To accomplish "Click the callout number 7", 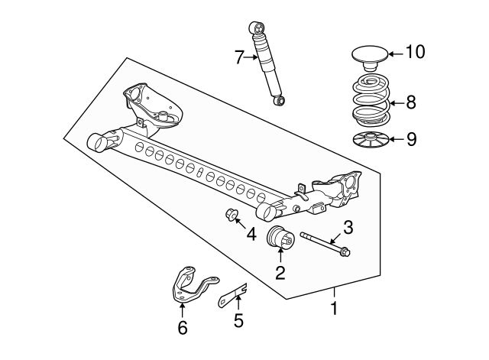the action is click(239, 57).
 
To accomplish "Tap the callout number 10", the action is click(416, 52).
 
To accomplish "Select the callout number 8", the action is click(411, 102).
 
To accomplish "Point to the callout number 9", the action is click(412, 139).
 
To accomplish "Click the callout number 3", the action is click(348, 228).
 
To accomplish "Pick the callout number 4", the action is click(251, 235).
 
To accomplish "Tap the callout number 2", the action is click(280, 273).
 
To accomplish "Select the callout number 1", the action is click(335, 308).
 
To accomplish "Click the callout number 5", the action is click(238, 321).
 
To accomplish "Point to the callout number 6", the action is click(183, 328).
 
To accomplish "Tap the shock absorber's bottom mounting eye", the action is click(280, 100).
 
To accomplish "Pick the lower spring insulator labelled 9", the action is click(370, 140).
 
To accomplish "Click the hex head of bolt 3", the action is click(345, 251).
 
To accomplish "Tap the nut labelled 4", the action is click(232, 214).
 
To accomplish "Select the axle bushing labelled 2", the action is click(280, 238).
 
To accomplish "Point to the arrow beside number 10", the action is click(396, 54).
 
